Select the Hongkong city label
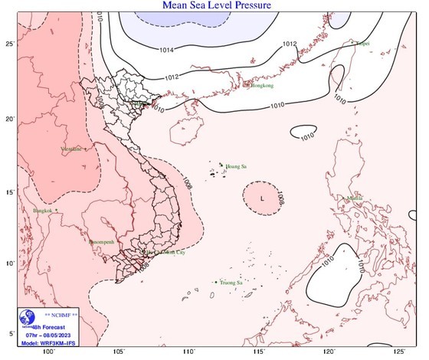coord(261,85)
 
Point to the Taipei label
coord(363,44)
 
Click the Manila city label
coord(355,198)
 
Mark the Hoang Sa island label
coord(235,165)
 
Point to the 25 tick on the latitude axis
coord(9,44)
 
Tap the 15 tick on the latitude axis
coord(9,191)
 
